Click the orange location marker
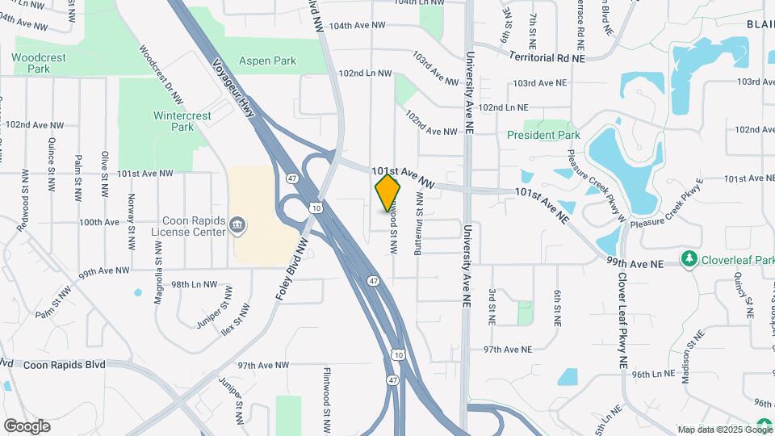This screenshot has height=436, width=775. pos(388,192)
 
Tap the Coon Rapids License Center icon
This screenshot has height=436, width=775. pos(237,224)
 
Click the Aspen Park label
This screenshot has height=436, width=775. pos(267,61)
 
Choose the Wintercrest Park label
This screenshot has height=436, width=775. pos(182,121)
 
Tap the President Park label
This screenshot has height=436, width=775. pos(545,135)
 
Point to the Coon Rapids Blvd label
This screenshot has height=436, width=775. pos(65,365)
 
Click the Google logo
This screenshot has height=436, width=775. pos(27,426)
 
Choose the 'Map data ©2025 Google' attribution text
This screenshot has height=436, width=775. pos(724,430)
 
